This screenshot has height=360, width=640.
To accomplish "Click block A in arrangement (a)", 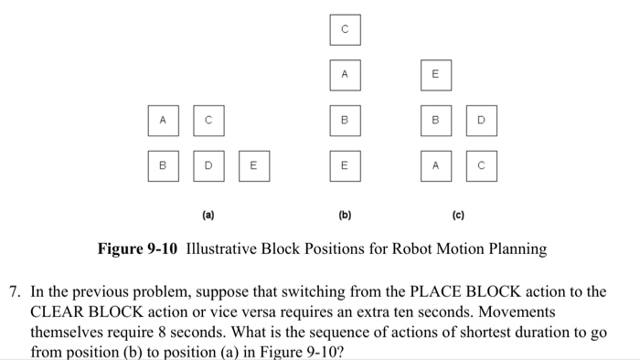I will pyautogui.click(x=163, y=120).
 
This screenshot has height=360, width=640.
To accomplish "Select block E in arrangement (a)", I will pyautogui.click(x=253, y=166).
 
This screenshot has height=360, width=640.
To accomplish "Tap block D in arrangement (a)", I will pyautogui.click(x=208, y=166).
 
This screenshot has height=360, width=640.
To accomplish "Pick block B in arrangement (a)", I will pyautogui.click(x=163, y=166).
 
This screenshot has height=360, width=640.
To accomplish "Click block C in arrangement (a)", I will pyautogui.click(x=208, y=120).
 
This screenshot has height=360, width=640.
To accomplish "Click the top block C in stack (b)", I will pyautogui.click(x=345, y=30).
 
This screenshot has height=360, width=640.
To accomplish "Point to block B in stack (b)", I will pyautogui.click(x=345, y=120).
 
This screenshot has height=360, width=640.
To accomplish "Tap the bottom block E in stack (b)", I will pyautogui.click(x=345, y=166).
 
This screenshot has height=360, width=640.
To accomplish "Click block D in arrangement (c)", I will pyautogui.click(x=481, y=120).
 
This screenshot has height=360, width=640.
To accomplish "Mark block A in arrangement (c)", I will pyautogui.click(x=435, y=166).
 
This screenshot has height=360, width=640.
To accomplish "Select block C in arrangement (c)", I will pyautogui.click(x=481, y=166).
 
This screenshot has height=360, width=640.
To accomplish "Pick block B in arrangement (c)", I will pyautogui.click(x=435, y=120).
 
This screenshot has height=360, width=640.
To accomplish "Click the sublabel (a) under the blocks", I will pyautogui.click(x=208, y=217).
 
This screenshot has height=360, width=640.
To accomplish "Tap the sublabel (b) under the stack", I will pyautogui.click(x=345, y=217).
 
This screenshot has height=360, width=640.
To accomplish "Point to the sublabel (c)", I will pyautogui.click(x=457, y=217).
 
